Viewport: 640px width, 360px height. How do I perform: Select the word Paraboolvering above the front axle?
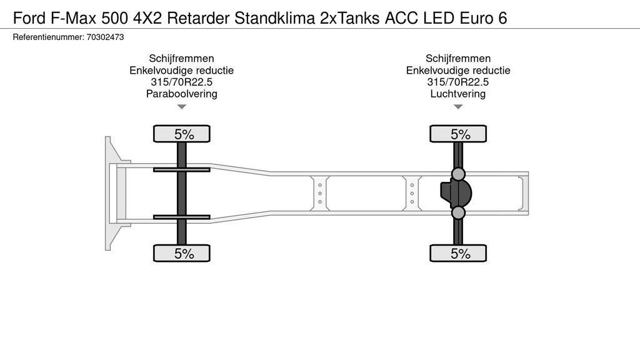[181, 94]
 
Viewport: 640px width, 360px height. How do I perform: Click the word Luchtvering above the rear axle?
[458, 94]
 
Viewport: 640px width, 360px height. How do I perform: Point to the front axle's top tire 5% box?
[182, 134]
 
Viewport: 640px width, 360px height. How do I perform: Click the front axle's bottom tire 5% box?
[182, 253]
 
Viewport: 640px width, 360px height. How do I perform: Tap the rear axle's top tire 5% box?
[458, 134]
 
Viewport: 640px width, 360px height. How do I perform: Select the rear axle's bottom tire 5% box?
[458, 253]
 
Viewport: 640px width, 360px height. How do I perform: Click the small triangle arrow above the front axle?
[182, 107]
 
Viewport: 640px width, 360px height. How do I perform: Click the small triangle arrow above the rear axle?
[458, 107]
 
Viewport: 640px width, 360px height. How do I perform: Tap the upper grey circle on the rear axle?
[459, 174]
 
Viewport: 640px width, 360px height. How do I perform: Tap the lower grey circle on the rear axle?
[459, 214]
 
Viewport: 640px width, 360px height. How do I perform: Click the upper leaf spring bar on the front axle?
[182, 169]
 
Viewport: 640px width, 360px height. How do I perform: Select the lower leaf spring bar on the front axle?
[182, 217]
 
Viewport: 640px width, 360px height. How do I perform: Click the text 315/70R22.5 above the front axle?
[181, 82]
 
